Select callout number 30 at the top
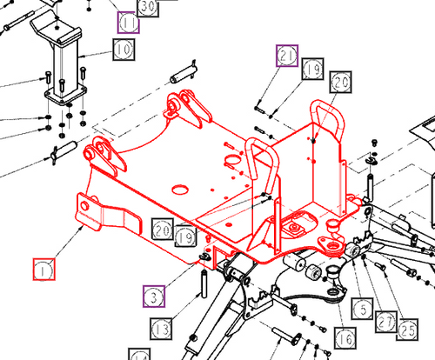click(148, 7)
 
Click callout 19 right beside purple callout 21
click(312, 70)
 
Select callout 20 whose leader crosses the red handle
click(340, 83)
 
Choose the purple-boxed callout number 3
click(153, 297)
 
